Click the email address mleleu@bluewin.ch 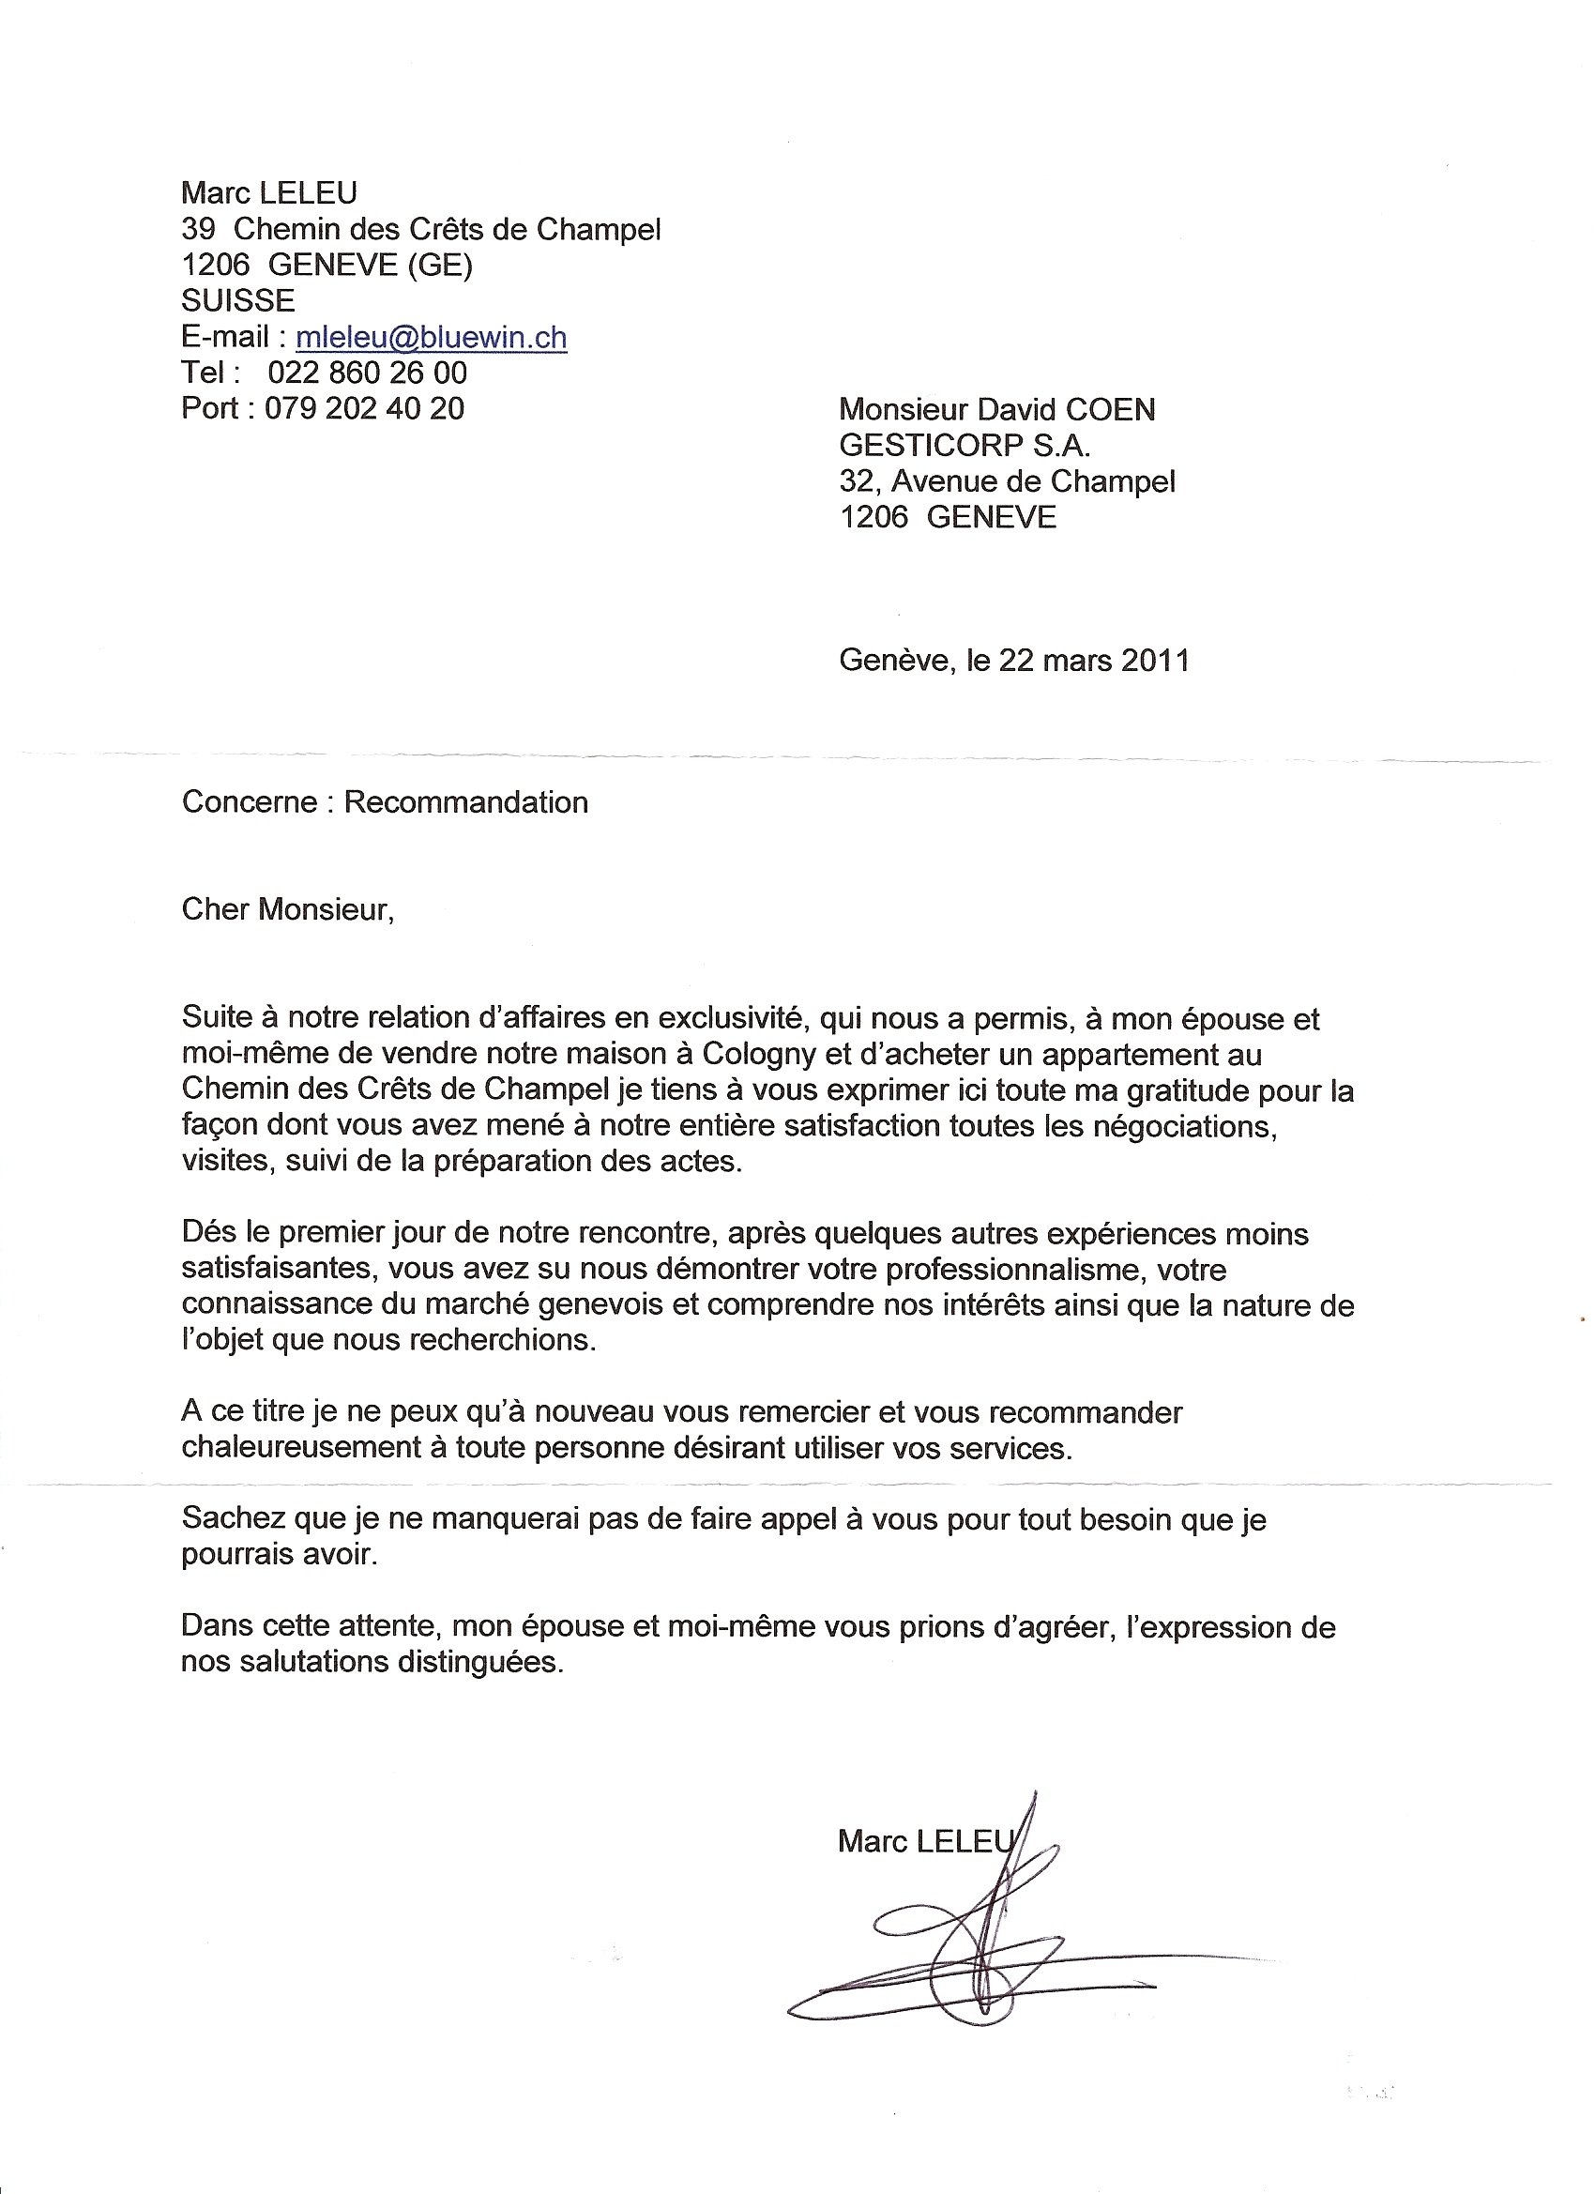[x=432, y=337]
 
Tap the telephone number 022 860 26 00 [x=367, y=373]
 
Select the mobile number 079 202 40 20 [x=364, y=408]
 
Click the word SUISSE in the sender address [x=238, y=301]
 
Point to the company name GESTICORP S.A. [x=965, y=445]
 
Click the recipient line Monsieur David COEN [x=996, y=409]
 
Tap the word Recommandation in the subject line [x=466, y=802]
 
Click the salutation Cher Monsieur [x=287, y=909]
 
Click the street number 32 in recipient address [x=856, y=480]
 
